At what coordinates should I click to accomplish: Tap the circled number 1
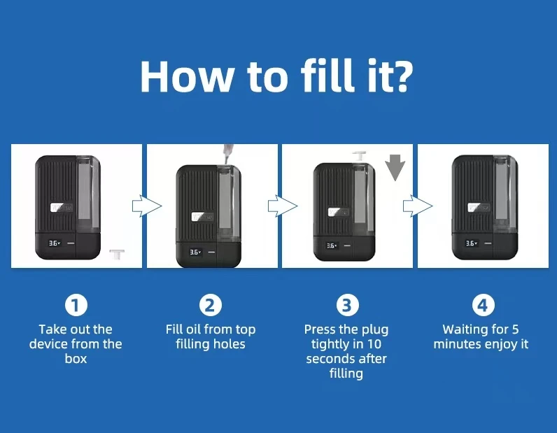pyautogui.click(x=76, y=305)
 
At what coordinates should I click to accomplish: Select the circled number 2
pyautogui.click(x=211, y=305)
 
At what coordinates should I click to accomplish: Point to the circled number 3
pyautogui.click(x=347, y=305)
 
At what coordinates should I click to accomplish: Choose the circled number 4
pyautogui.click(x=483, y=305)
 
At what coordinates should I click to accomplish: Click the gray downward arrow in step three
pyautogui.click(x=395, y=167)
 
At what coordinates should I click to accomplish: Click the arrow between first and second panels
pyautogui.click(x=147, y=206)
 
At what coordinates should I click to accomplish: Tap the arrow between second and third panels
pyautogui.click(x=283, y=206)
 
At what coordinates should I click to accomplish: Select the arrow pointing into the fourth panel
pyautogui.click(x=418, y=206)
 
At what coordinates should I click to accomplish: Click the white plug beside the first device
pyautogui.click(x=117, y=254)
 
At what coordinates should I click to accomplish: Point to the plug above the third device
pyautogui.click(x=359, y=156)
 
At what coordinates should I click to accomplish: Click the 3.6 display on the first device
pyautogui.click(x=55, y=243)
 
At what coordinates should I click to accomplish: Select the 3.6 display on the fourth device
pyautogui.click(x=472, y=243)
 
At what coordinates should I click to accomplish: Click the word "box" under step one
pyautogui.click(x=76, y=359)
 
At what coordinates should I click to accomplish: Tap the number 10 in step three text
pyautogui.click(x=374, y=344)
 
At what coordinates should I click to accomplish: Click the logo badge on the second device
pyautogui.click(x=202, y=216)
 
